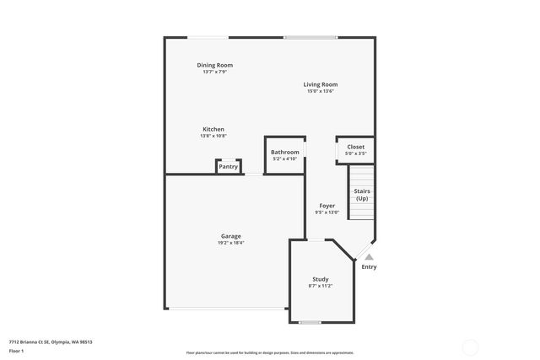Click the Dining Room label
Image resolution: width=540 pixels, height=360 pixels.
pyautogui.click(x=214, y=65)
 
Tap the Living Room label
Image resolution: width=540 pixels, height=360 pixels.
pyautogui.click(x=321, y=84)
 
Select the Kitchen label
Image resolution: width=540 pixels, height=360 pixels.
pyautogui.click(x=213, y=129)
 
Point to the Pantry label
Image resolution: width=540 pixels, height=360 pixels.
pyautogui.click(x=229, y=167)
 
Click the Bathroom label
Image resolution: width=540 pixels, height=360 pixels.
pyautogui.click(x=284, y=153)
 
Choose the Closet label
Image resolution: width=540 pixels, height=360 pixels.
pyautogui.click(x=355, y=147)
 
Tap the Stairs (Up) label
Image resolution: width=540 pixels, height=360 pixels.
pyautogui.click(x=362, y=195)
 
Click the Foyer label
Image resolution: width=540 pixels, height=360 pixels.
pyautogui.click(x=327, y=206)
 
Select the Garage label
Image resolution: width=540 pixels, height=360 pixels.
pyautogui.click(x=231, y=236)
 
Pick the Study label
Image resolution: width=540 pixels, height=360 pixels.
pyautogui.click(x=320, y=279)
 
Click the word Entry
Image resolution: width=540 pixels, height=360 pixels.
pyautogui.click(x=370, y=267)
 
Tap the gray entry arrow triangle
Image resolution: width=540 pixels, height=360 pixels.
pyautogui.click(x=369, y=257)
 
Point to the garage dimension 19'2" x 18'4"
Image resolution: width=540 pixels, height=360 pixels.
pyautogui.click(x=231, y=243)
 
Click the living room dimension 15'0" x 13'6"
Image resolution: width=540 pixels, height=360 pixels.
pyautogui.click(x=321, y=91)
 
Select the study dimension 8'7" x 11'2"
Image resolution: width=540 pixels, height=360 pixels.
pyautogui.click(x=320, y=286)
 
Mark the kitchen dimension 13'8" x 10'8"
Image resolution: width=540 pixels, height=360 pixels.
pyautogui.click(x=213, y=136)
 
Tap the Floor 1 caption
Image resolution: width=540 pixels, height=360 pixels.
pyautogui.click(x=17, y=350)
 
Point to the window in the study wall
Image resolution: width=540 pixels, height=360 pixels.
pyautogui.click(x=310, y=323)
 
